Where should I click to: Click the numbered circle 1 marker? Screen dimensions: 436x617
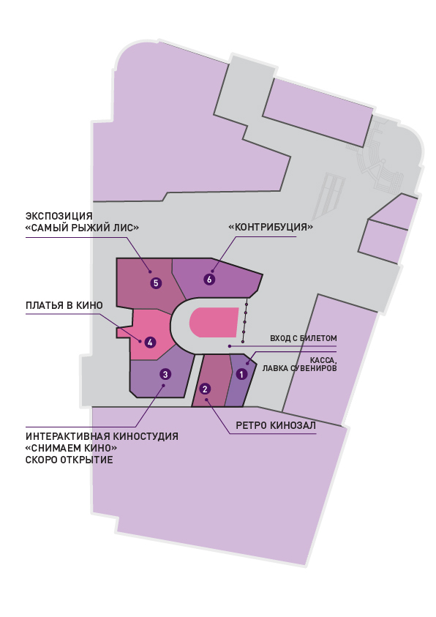[241, 374]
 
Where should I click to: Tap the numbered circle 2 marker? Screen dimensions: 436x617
[205, 389]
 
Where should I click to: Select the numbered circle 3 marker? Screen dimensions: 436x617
[165, 374]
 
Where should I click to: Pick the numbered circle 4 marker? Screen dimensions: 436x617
[150, 343]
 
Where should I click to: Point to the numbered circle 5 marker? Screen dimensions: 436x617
[156, 283]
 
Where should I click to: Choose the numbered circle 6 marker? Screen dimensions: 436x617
[209, 280]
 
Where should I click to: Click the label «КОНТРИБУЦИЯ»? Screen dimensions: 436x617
[271, 227]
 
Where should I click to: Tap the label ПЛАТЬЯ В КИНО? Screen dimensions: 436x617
[64, 305]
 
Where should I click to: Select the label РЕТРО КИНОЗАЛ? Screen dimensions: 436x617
[276, 425]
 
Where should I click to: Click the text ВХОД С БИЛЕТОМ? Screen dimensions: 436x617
[303, 338]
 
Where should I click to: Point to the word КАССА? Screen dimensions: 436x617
[323, 360]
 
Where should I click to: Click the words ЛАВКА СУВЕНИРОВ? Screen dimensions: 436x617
[300, 368]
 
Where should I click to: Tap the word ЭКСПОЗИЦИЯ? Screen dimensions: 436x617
[59, 216]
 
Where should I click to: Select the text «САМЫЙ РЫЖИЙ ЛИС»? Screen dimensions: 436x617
[82, 228]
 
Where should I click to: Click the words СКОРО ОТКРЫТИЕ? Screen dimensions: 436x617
[69, 460]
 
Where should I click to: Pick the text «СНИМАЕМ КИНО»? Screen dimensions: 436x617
[72, 448]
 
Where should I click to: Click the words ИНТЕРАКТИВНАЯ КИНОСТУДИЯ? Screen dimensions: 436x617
[102, 436]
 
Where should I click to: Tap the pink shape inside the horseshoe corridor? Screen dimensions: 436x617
[214, 322]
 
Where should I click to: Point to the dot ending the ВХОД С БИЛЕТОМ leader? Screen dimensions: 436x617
[230, 346]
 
